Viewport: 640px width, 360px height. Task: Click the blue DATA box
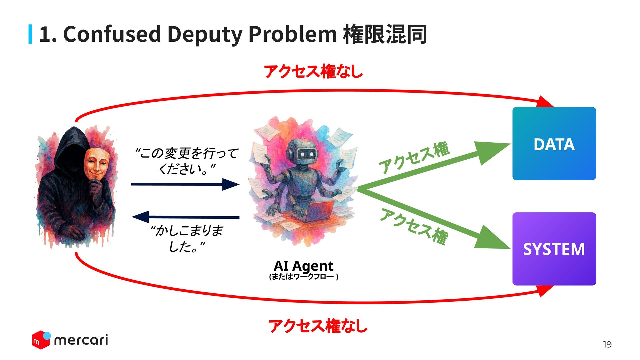tap(554, 144)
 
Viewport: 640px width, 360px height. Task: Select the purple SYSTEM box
tap(554, 249)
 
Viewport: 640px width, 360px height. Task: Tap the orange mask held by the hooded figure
tap(97, 163)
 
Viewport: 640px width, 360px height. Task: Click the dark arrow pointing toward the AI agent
tap(185, 184)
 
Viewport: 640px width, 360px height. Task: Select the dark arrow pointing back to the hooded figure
tap(185, 217)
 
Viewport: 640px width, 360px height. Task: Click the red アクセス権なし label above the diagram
tap(313, 72)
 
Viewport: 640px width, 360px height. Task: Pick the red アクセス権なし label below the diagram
tap(318, 326)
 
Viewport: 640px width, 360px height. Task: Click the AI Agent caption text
tap(303, 266)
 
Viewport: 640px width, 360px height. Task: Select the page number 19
tap(607, 345)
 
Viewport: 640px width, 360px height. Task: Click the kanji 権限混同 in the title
tap(385, 34)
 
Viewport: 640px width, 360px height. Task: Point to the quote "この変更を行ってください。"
tap(187, 161)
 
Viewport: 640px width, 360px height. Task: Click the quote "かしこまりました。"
tap(187, 238)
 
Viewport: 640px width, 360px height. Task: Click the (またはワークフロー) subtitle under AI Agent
tap(303, 277)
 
